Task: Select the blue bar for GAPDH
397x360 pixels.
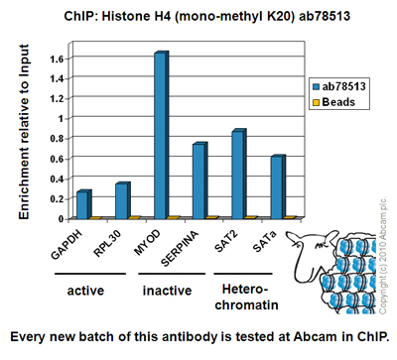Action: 83,204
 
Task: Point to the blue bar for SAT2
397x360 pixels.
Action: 238,175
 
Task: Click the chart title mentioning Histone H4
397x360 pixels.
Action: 198,13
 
